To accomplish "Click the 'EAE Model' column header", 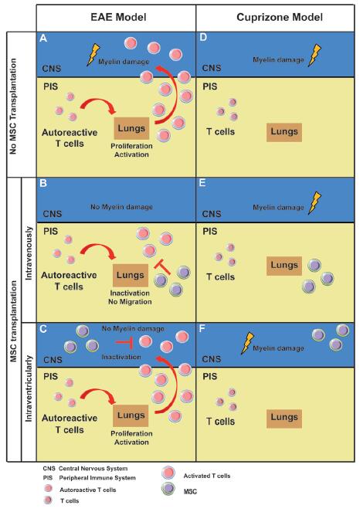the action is pyautogui.click(x=118, y=17).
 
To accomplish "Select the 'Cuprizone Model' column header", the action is pyautogui.click(x=280, y=17).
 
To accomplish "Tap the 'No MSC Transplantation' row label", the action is pyautogui.click(x=13, y=106).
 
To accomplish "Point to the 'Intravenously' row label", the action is pyautogui.click(x=29, y=253).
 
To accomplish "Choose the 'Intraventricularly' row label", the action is pyautogui.click(x=29, y=388).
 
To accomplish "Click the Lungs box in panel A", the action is pyautogui.click(x=131, y=128).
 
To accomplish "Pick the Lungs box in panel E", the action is pyautogui.click(x=284, y=266).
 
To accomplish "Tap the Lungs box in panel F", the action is pyautogui.click(x=284, y=418).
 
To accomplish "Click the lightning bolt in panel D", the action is pyautogui.click(x=314, y=55).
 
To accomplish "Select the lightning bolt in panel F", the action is pyautogui.click(x=247, y=343).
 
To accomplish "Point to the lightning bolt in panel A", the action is pyautogui.click(x=93, y=55).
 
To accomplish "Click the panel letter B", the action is pyautogui.click(x=43, y=183).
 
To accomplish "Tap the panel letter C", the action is pyautogui.click(x=43, y=329).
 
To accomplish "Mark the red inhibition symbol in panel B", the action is pyautogui.click(x=162, y=266).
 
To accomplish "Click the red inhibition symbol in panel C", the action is pyautogui.click(x=124, y=342).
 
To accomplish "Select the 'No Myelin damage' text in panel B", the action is pyautogui.click(x=121, y=207).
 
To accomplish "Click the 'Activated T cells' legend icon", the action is pyautogui.click(x=168, y=473).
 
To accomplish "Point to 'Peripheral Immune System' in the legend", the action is pyautogui.click(x=97, y=478).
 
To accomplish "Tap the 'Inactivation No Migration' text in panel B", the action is pyautogui.click(x=130, y=297).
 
